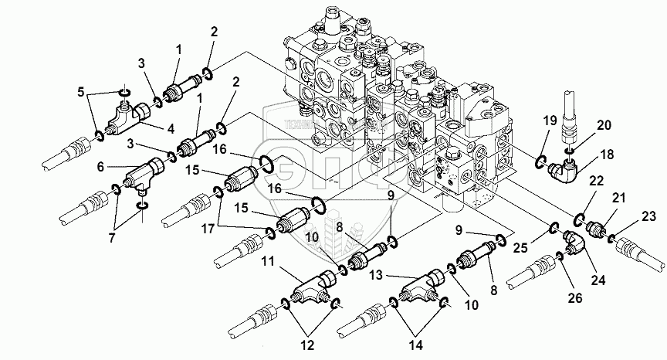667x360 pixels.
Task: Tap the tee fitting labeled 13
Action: click(x=421, y=287)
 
